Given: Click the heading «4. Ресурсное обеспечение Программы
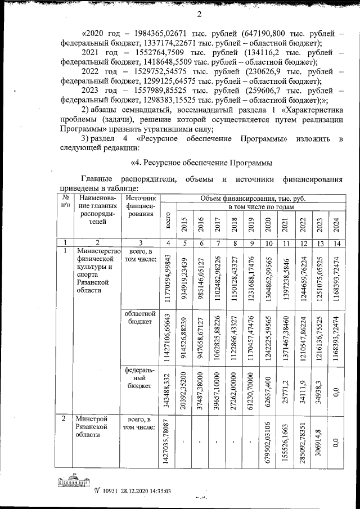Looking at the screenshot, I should (x=201, y=163).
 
